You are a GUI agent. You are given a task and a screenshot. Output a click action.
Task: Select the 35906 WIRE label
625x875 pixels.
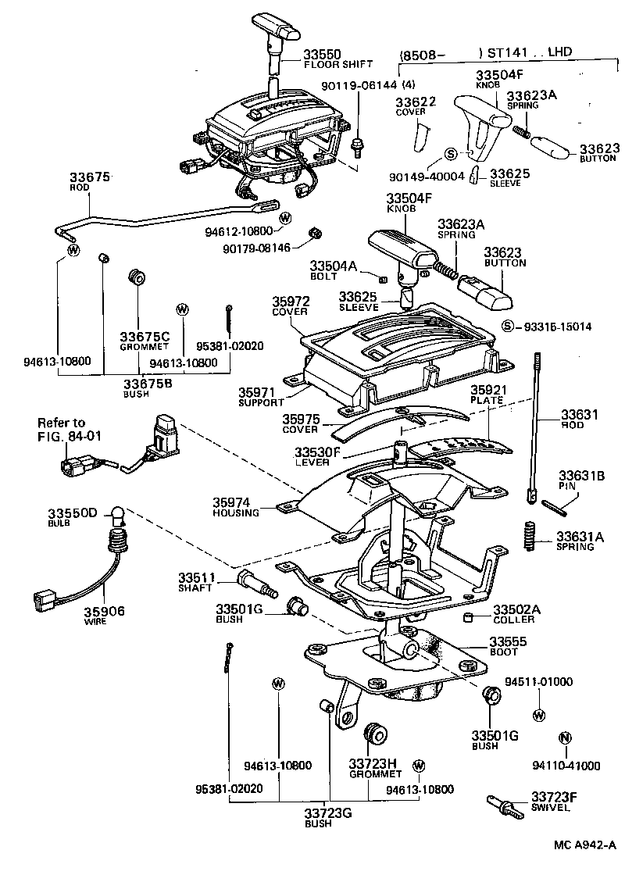(x=105, y=616)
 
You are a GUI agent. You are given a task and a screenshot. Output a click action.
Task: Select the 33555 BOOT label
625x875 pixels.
(x=508, y=646)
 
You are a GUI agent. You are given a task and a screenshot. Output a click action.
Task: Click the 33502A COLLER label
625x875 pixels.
(x=513, y=614)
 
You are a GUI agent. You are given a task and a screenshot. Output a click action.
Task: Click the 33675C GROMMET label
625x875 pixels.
(x=144, y=341)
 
